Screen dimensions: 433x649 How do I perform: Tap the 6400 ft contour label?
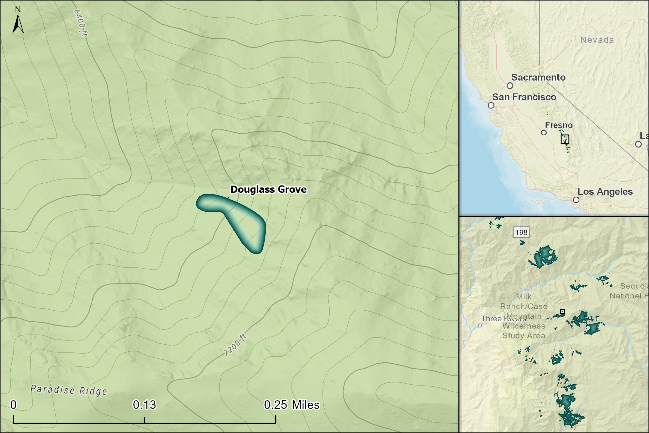(80, 23)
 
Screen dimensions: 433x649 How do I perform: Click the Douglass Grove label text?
(268, 189)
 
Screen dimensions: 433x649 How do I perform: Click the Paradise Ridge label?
(69, 390)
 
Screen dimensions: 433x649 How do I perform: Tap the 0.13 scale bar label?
(144, 405)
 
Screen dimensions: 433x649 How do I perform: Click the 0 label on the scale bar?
(13, 405)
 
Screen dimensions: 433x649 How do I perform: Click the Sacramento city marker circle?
(510, 86)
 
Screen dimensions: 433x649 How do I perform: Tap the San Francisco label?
(524, 97)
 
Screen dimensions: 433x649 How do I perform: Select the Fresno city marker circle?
(544, 132)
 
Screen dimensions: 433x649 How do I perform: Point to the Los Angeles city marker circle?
(576, 200)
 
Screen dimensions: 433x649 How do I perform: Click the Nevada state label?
(597, 40)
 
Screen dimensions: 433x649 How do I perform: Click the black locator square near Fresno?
(565, 139)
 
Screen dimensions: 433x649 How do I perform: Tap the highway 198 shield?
(521, 232)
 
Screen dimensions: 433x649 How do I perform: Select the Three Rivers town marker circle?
(480, 325)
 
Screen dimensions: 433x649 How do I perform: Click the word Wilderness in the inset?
(523, 326)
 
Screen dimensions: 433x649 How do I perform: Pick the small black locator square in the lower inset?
(563, 311)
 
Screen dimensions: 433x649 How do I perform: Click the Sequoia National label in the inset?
(632, 291)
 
